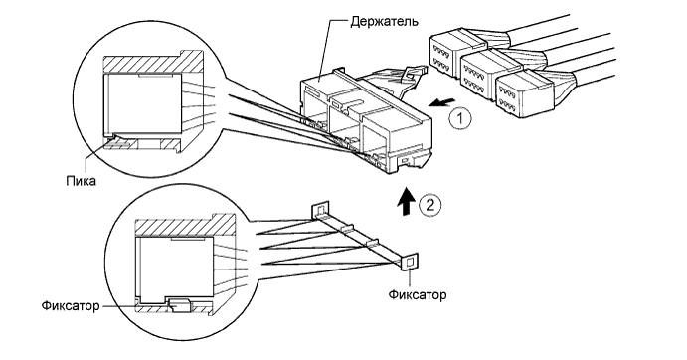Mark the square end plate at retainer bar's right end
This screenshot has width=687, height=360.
pos(408,262)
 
